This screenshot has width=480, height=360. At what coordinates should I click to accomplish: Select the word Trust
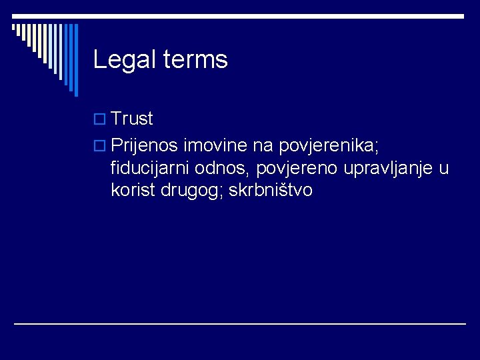[x=133, y=119]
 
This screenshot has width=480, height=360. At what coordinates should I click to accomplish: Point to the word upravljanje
[x=388, y=168]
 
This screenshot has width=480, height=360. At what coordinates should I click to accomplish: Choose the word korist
[x=133, y=191]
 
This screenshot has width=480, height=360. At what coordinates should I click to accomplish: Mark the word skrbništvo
[x=270, y=191]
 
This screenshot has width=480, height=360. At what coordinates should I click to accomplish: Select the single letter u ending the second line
[x=444, y=168]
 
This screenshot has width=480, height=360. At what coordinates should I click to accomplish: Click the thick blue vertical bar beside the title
[x=75, y=60]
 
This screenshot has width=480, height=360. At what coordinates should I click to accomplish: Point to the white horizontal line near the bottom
[x=240, y=324]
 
